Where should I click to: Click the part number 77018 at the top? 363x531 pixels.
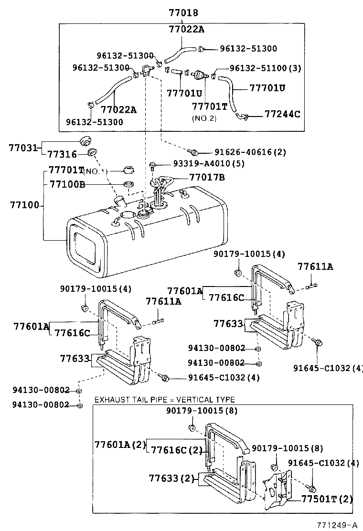(183, 13)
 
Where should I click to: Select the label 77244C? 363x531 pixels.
(282, 115)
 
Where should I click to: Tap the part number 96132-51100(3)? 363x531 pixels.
(265, 68)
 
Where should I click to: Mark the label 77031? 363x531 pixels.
(22, 148)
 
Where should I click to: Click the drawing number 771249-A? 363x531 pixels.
(338, 525)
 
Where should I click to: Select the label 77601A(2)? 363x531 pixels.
(119, 445)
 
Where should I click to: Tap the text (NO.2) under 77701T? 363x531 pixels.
(204, 118)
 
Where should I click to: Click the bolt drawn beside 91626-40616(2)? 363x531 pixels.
(194, 152)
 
